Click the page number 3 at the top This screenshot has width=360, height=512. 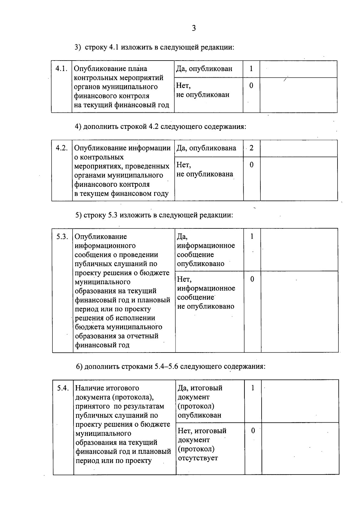click(x=194, y=28)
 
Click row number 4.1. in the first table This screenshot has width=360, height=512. click(x=61, y=69)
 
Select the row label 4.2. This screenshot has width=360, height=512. click(x=62, y=148)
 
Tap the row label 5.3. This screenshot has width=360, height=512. click(x=62, y=237)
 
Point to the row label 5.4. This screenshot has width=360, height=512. click(x=63, y=388)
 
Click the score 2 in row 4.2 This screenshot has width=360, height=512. click(x=251, y=148)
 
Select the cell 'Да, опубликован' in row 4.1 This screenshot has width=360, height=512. click(x=204, y=69)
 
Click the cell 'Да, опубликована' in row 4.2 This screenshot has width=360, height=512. click(x=206, y=148)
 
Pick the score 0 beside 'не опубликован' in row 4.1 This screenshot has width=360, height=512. click(x=251, y=86)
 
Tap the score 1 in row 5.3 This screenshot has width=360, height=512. click(x=252, y=237)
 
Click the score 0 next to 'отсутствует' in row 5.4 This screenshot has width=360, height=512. click(x=253, y=431)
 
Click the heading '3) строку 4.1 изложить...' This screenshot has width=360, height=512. click(x=154, y=47)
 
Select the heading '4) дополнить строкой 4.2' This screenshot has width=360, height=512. click(x=160, y=127)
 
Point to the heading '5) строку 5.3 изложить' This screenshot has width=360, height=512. click(x=154, y=215)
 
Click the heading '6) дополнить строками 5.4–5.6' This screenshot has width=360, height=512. click(x=170, y=367)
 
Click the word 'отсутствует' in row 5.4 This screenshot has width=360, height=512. click(x=198, y=458)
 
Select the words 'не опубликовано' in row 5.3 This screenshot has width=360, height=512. click(x=205, y=306)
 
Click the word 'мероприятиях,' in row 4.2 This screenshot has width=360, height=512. click(x=98, y=166)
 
